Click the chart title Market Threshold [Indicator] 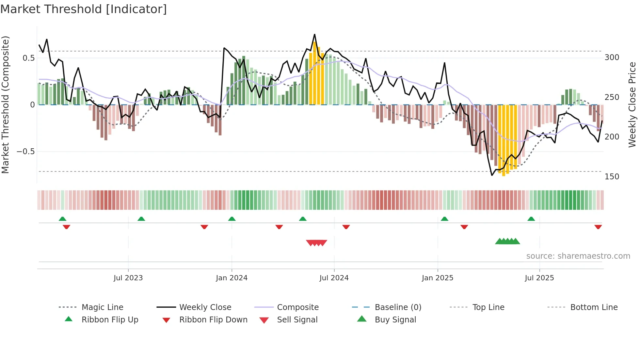pyautogui.click(x=84, y=9)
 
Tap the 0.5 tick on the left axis pyautogui.click(x=28, y=58)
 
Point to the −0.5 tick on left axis pyautogui.click(x=25, y=152)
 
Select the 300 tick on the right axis pyautogui.click(x=612, y=57)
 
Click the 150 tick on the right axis pyautogui.click(x=612, y=177)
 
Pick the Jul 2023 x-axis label pyautogui.click(x=128, y=278)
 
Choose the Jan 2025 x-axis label pyautogui.click(x=437, y=278)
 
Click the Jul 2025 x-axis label pyautogui.click(x=539, y=278)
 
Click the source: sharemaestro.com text pyautogui.click(x=578, y=256)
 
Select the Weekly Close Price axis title pyautogui.click(x=632, y=105)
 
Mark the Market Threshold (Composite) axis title pyautogui.click(x=5, y=105)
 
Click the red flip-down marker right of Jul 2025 pyautogui.click(x=598, y=227)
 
